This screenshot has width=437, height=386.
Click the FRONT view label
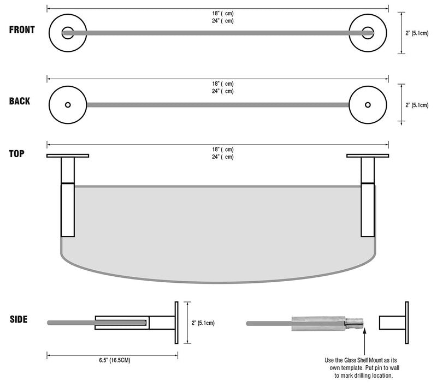[22, 29]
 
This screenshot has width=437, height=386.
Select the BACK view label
[20, 101]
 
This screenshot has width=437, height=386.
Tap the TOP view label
[17, 153]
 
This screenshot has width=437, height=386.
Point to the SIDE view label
[19, 319]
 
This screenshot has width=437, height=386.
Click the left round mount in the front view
[68, 33]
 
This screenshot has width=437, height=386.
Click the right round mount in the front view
[368, 33]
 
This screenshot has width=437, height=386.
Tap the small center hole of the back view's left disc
[68, 104]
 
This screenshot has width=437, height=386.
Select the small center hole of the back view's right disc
[368, 104]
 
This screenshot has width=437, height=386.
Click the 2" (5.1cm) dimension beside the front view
[417, 33]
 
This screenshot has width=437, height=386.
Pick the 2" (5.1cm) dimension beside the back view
[417, 104]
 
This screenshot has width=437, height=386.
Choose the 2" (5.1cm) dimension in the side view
[203, 323]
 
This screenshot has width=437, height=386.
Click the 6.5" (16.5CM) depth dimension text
[111, 360]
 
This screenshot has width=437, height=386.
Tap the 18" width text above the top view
[223, 149]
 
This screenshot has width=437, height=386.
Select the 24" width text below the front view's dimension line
[223, 21]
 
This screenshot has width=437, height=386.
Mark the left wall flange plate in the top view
[68, 156]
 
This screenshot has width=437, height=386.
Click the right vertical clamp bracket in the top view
[368, 210]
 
